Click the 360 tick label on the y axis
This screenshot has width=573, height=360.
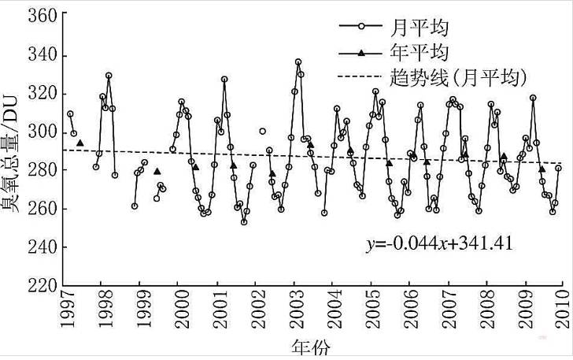[40, 17]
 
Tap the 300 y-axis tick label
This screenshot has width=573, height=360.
[40, 132]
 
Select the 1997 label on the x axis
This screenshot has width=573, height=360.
[64, 310]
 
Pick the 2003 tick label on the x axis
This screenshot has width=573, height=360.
[295, 310]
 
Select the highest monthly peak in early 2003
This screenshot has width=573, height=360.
[298, 61]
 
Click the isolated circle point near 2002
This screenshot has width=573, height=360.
[262, 131]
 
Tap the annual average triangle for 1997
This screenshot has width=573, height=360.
[80, 143]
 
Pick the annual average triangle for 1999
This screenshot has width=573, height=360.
[157, 171]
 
